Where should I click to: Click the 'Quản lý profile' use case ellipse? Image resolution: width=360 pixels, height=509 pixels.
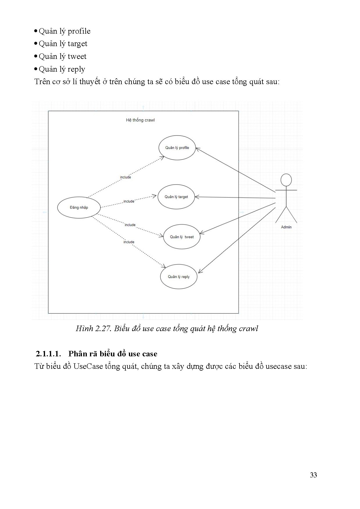click(177, 148)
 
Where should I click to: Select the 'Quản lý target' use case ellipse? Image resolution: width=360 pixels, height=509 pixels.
click(176, 197)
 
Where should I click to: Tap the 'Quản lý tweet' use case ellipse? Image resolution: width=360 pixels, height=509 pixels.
click(182, 237)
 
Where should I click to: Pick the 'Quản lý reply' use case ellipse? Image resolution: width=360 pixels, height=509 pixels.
click(179, 277)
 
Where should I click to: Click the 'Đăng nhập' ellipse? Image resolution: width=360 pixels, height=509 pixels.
click(79, 207)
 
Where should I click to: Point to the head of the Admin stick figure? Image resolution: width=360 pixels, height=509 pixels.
click(286, 180)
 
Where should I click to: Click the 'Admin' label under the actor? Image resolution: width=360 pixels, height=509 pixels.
click(286, 227)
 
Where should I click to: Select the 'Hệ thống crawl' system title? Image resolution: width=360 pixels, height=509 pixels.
click(140, 120)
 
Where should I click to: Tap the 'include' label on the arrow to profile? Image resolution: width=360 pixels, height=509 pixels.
click(125, 177)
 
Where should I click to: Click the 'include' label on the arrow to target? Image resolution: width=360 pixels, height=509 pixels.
click(129, 201)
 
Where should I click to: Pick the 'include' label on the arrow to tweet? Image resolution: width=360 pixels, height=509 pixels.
click(130, 225)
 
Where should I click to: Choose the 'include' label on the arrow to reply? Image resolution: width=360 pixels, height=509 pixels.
click(129, 242)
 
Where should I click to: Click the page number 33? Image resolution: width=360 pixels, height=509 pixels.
click(313, 475)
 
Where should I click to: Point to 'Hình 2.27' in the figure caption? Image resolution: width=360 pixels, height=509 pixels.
click(93, 328)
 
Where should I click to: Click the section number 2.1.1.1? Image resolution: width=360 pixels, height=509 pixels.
click(48, 354)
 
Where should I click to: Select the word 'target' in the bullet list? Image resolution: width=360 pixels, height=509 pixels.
click(78, 44)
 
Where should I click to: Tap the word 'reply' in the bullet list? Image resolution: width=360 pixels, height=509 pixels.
click(76, 69)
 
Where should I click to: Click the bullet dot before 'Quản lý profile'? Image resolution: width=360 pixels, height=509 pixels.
click(36, 31)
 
